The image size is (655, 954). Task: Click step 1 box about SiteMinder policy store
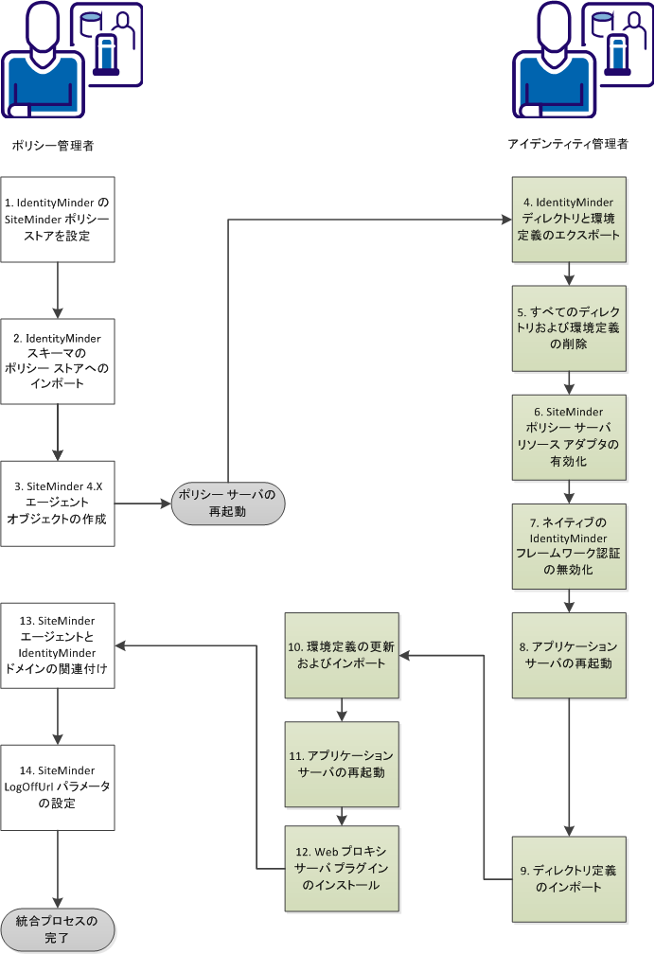[58, 219]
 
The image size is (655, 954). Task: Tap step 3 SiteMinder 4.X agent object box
[58, 503]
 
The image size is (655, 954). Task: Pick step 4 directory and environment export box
[570, 219]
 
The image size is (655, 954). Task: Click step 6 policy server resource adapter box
[570, 436]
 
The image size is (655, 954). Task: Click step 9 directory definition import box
[570, 879]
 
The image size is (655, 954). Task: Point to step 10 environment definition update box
[343, 654]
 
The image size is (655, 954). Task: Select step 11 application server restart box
[343, 763]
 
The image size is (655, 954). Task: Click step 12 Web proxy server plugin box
[343, 869]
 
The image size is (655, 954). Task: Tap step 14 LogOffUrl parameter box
[58, 786]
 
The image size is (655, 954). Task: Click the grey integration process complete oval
[58, 928]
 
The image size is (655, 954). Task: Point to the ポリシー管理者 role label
[52, 146]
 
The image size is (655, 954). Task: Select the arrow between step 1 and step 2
[58, 290]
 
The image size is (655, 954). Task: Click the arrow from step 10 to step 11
[343, 709]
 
